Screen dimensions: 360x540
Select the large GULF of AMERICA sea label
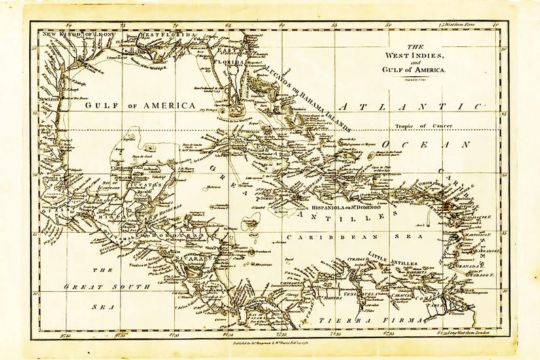click(x=140, y=105)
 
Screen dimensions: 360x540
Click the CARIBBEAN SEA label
click(x=354, y=236)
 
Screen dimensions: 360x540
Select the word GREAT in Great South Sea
click(x=82, y=287)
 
